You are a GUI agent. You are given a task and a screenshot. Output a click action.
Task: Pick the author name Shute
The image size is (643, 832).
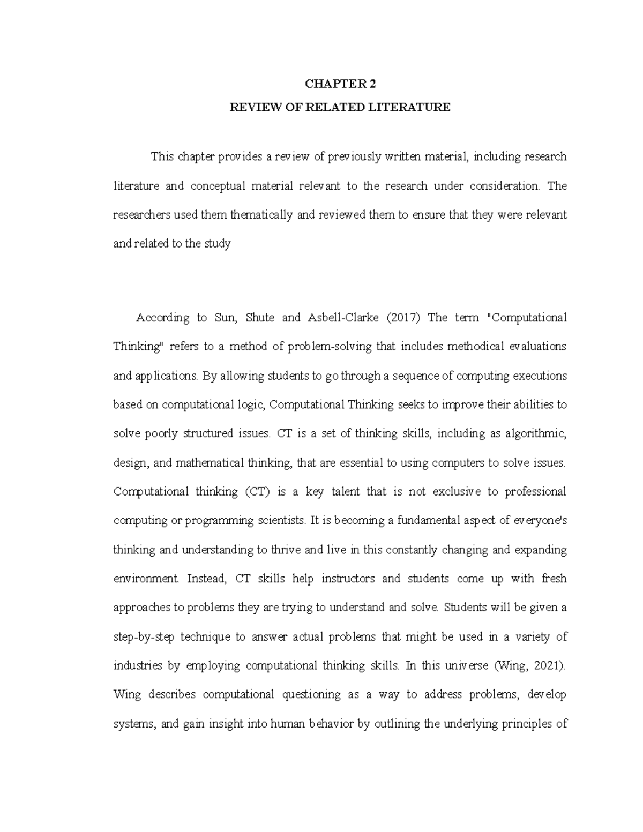tap(260, 318)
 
